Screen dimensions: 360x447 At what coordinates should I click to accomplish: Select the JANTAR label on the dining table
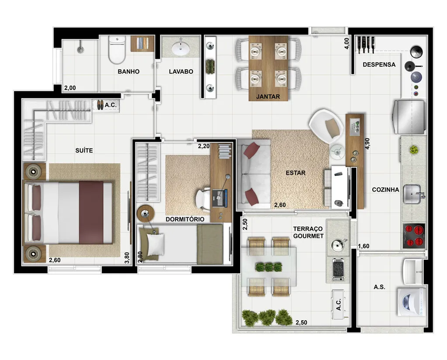pos(268,96)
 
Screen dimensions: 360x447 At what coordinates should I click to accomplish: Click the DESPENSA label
pos(379,65)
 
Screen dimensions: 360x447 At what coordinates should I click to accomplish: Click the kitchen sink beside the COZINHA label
pos(413,195)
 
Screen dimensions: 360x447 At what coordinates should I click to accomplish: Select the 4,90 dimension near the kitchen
pos(368,144)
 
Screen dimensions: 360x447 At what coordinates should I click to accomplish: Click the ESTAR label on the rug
pos(296,173)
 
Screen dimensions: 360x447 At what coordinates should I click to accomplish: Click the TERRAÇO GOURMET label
pos(308,232)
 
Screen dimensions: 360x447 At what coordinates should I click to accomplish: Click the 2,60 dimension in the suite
pos(55,260)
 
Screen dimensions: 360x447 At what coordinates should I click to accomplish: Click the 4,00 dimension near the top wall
pos(346,44)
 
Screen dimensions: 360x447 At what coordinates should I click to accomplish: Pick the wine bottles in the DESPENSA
pos(367,42)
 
